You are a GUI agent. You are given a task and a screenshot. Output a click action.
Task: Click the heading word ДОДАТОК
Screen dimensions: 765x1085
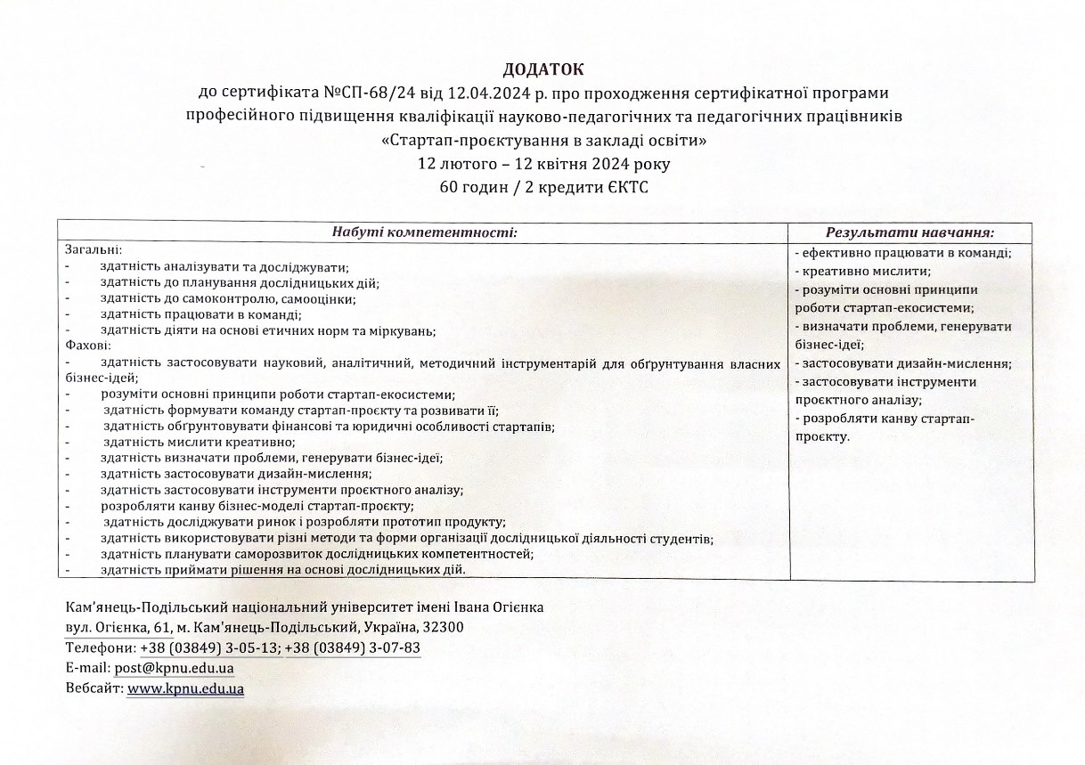click(542, 69)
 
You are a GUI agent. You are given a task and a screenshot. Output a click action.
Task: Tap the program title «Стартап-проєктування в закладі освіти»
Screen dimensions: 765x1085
click(543, 140)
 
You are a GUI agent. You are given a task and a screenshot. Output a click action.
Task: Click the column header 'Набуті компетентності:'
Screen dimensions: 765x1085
click(424, 232)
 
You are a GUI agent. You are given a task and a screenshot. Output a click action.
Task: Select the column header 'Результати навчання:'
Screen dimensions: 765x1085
click(910, 232)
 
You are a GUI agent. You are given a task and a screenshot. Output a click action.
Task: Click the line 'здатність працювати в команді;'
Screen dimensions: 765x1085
click(201, 313)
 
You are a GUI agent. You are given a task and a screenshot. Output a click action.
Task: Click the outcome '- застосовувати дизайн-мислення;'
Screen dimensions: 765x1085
click(902, 363)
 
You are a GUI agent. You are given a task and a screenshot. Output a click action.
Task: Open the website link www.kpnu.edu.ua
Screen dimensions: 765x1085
click(185, 688)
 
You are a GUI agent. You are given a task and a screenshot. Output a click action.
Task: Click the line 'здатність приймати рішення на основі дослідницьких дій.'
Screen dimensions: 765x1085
click(283, 569)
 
